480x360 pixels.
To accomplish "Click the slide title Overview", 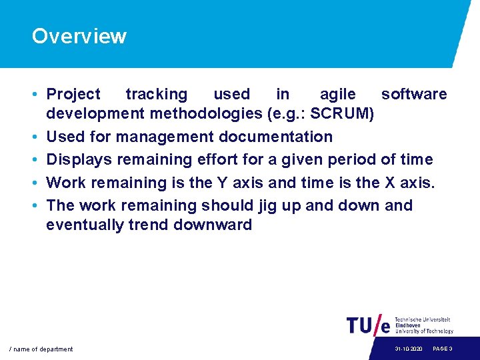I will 79,36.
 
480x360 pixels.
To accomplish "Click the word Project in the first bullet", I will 73,95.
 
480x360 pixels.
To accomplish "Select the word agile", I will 337,95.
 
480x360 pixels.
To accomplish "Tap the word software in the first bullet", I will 413,95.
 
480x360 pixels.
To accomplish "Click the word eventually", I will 84,225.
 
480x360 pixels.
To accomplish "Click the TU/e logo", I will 369,325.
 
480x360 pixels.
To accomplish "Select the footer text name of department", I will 41,349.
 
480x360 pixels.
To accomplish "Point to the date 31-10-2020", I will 408,349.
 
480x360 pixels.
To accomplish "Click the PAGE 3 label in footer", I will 443,349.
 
